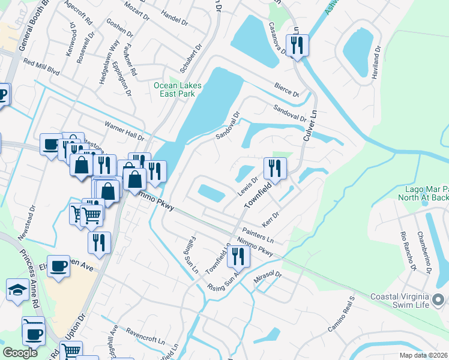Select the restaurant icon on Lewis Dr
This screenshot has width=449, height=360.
[275, 169]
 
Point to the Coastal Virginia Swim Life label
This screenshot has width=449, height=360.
[400, 301]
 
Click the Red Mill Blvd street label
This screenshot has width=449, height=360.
[41, 66]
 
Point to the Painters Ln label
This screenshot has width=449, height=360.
[258, 233]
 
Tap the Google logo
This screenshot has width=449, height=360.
[20, 353]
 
